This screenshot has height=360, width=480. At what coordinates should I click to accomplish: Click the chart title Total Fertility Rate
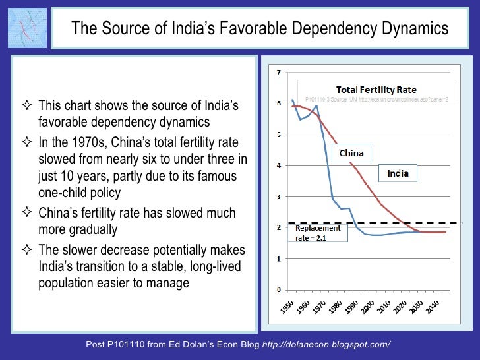376,90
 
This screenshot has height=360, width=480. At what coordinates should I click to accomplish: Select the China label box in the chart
351,154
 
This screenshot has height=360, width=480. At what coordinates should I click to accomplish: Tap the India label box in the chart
398,174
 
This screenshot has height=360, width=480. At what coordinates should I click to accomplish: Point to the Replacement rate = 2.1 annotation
317,233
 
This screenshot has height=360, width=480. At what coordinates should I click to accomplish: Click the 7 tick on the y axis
279,72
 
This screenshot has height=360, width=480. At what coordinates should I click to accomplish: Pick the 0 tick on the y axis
279,290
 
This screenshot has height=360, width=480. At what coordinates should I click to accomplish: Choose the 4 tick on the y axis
279,165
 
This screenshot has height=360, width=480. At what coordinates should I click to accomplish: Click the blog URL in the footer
326,345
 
